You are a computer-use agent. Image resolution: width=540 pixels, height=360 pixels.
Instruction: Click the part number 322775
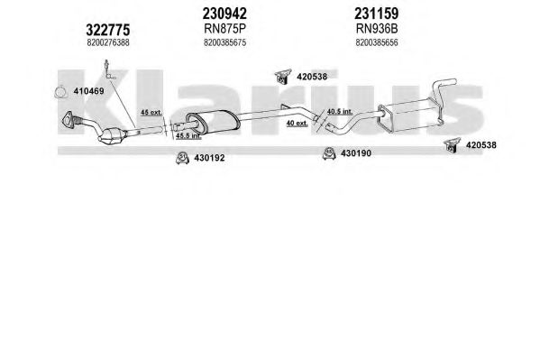coord(108,30)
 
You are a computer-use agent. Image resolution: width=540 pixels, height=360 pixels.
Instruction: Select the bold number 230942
coord(224,14)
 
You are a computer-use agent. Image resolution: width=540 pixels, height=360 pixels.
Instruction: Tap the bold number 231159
coord(377,14)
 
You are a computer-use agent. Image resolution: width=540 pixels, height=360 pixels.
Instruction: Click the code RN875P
coord(224,29)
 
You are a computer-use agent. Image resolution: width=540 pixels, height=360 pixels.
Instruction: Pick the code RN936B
coord(377,29)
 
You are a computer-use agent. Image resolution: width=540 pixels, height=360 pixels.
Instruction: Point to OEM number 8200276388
coord(108,42)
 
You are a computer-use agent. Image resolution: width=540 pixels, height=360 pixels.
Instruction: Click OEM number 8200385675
coord(224,42)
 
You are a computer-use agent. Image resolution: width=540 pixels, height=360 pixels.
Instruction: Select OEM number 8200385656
coord(377,42)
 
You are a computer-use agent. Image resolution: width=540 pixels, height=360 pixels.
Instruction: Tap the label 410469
coord(88,91)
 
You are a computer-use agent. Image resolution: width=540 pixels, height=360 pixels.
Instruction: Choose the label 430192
coord(209,158)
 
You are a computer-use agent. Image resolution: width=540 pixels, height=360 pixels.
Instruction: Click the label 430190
coord(356,153)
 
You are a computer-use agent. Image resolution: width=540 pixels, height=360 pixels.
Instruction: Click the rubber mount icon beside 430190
coord(329,153)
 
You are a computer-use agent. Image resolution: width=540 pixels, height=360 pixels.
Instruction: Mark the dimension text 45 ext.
coord(151,113)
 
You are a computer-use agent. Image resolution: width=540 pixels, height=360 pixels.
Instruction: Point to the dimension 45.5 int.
coord(188,136)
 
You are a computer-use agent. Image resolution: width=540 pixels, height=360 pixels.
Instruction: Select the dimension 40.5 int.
coord(340,111)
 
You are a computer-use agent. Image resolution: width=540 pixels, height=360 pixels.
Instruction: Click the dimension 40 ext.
coord(297,123)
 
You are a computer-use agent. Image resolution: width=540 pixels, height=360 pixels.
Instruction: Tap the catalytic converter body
coord(111,136)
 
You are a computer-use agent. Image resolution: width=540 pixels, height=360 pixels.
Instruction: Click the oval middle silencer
coord(212,122)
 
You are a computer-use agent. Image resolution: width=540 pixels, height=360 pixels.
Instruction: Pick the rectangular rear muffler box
coord(409,115)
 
